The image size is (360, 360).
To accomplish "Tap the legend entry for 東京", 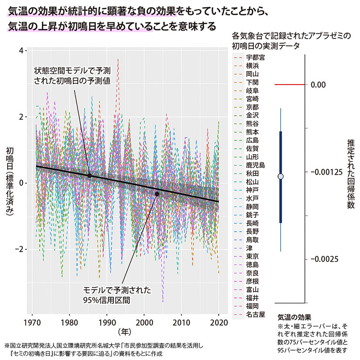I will pos(252,256).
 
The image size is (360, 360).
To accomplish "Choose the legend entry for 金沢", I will pos(252,115).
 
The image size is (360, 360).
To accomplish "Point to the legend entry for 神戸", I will pos(252,189).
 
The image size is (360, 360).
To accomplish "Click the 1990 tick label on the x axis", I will pos(107,323).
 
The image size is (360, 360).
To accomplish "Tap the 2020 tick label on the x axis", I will pos(218,323).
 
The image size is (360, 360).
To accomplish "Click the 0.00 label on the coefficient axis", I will pos(319,85).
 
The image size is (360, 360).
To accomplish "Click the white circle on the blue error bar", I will pos(281,176).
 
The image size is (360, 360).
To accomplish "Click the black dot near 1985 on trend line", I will pos(90,175).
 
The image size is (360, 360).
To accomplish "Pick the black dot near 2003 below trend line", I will pos(157,194).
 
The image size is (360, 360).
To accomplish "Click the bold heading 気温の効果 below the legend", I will pos(295,317).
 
